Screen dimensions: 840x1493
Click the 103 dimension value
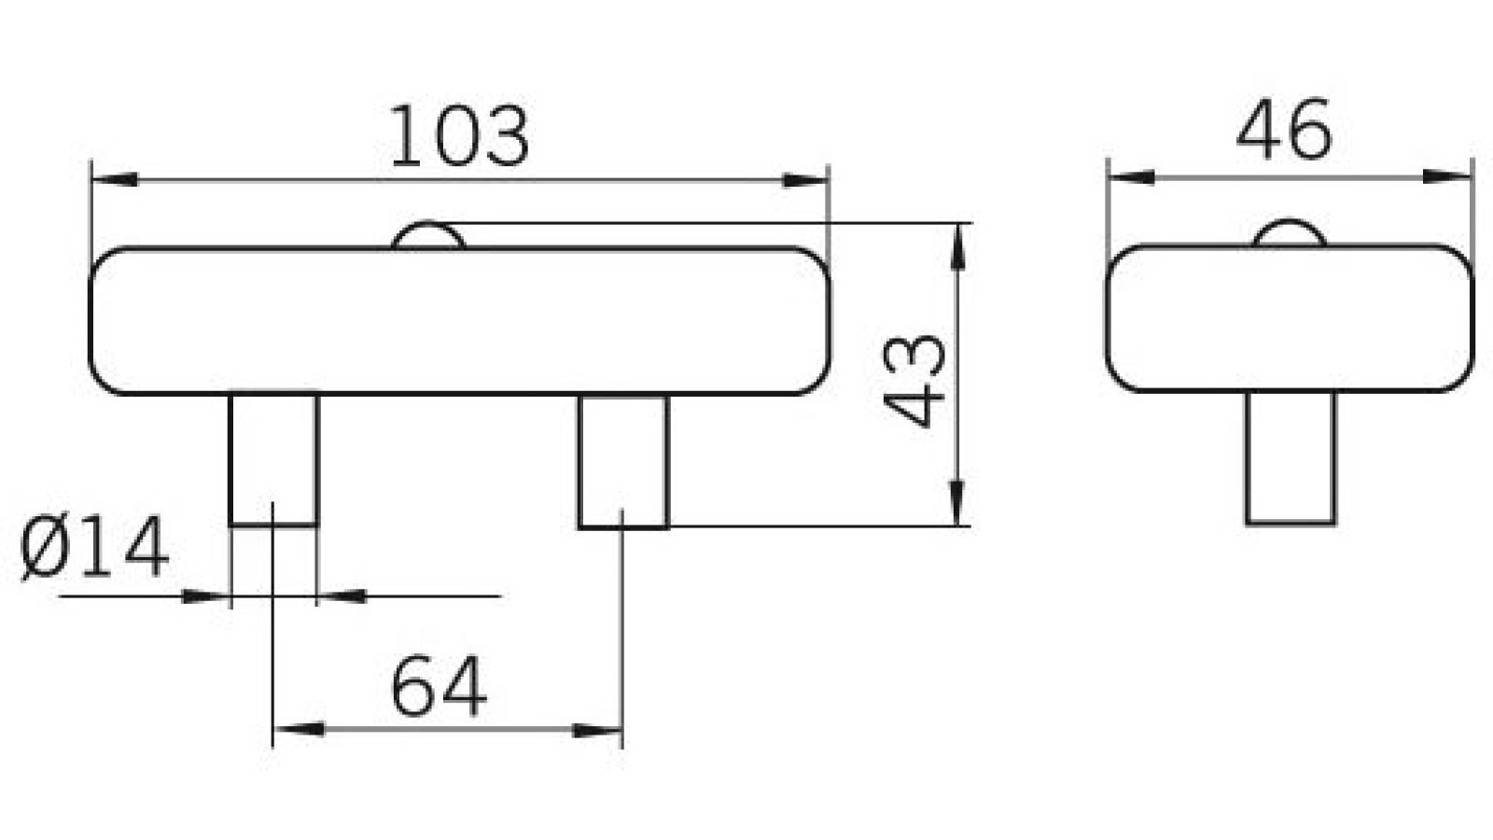coord(458,137)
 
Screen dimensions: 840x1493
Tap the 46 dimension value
coord(1284,130)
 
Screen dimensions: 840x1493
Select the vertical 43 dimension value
coord(915,380)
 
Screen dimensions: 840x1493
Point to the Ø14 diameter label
coord(94,549)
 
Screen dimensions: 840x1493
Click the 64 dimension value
coord(438,688)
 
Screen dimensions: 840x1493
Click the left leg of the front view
coord(273,459)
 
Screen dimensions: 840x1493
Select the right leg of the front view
coord(622,461)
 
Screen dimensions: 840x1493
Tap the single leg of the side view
coord(1291,457)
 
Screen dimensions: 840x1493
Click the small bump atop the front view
coord(428,237)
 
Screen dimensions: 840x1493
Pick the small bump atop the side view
coord(1289,234)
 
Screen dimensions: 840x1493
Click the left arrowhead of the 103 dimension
coord(114,179)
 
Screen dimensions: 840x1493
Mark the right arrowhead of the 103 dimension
coord(805,179)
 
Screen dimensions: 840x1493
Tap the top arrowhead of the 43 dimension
coord(956,246)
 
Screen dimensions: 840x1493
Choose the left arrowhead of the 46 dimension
coord(1130,175)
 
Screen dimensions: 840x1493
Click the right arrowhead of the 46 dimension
coord(1447,175)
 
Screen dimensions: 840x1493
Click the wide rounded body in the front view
coord(458,321)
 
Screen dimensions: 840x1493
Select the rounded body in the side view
coord(1289,318)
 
